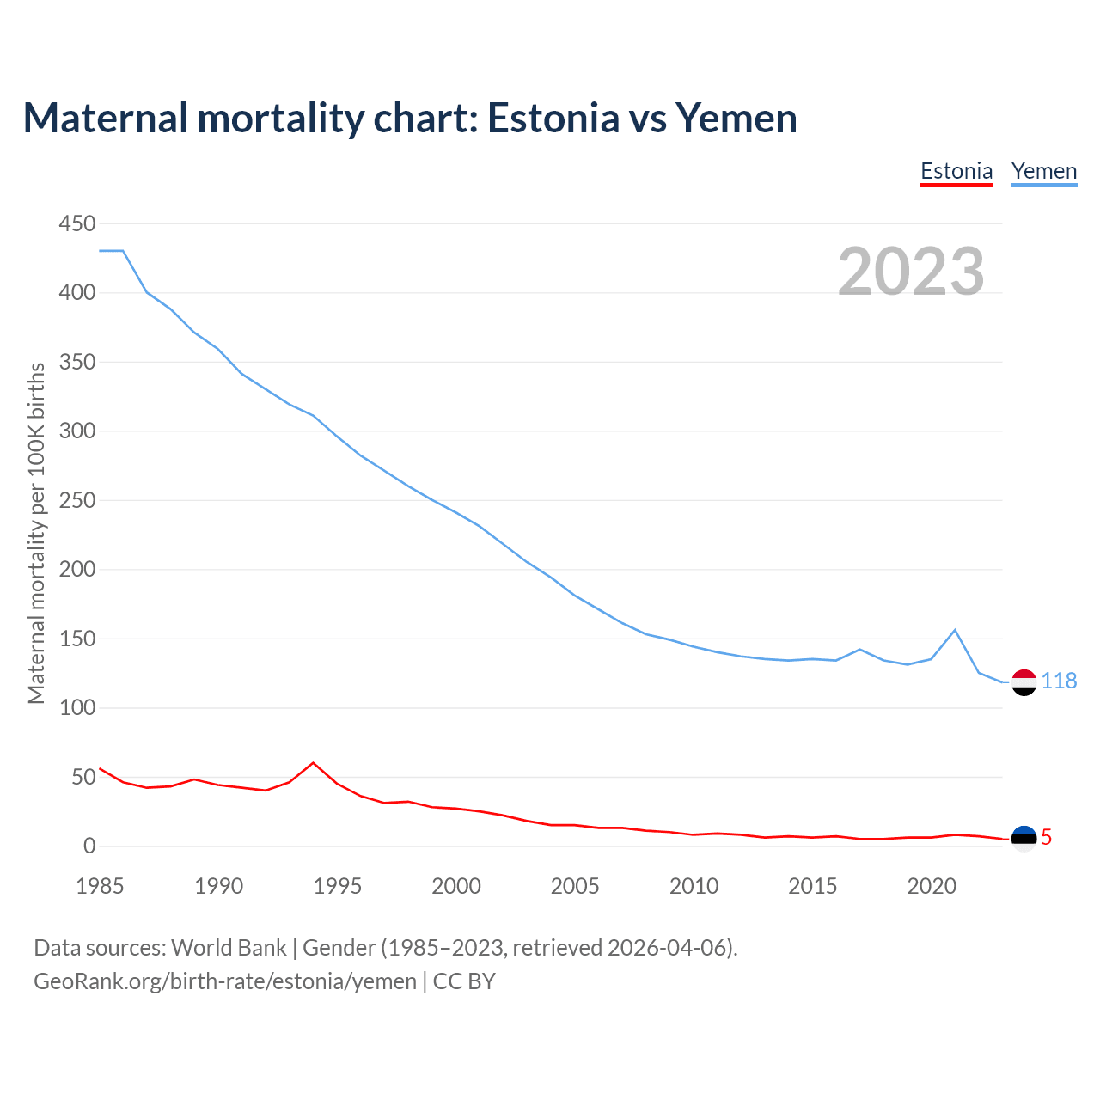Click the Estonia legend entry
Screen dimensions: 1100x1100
tap(956, 171)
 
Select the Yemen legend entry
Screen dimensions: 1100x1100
tap(1044, 171)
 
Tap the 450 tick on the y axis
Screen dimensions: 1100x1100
tap(77, 224)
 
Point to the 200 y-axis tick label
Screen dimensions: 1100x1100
tap(77, 570)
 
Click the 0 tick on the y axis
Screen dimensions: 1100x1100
tap(89, 846)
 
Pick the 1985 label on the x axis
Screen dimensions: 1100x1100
tap(100, 886)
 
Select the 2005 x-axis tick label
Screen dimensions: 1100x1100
tap(575, 886)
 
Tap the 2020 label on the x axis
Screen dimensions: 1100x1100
tap(932, 886)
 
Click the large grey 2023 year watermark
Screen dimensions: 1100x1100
tap(911, 272)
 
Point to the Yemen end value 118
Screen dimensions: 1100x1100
tap(1059, 681)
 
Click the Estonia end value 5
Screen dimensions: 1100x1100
tap(1046, 837)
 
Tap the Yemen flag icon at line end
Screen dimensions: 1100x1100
tap(1024, 682)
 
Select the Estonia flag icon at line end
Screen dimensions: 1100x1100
tap(1024, 838)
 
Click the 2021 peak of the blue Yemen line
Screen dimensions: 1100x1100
tap(955, 630)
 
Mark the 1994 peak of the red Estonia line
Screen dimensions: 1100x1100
tap(313, 763)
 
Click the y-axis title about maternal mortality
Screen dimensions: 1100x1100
tap(36, 533)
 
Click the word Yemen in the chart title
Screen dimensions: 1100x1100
tap(736, 118)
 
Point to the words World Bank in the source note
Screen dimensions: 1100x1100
tap(229, 948)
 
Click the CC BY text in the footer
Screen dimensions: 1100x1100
tap(464, 981)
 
